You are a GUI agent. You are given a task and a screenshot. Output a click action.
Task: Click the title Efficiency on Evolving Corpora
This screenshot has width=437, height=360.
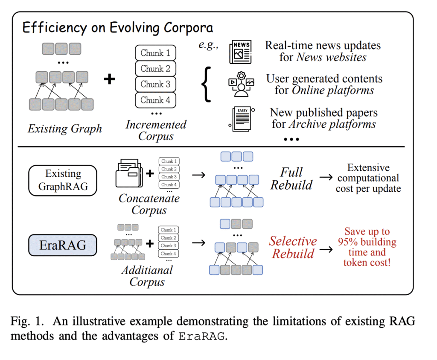[117, 28]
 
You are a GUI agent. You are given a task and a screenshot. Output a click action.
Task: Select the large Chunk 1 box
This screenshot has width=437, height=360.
[155, 53]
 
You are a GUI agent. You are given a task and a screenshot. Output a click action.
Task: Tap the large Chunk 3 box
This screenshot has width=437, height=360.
[155, 84]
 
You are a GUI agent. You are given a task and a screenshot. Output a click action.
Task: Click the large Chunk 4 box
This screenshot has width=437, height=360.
[155, 100]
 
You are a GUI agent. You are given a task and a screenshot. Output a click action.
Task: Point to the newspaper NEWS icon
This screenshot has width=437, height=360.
[240, 51]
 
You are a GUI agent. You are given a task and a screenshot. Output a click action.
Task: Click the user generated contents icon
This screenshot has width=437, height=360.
[241, 84]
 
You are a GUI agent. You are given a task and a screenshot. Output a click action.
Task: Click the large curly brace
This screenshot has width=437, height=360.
[207, 84]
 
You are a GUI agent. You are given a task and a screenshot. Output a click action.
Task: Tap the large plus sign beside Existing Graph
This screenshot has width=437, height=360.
[110, 79]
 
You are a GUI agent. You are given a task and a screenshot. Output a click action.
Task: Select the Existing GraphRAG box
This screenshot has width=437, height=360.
[63, 180]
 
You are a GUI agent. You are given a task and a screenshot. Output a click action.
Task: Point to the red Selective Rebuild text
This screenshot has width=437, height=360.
[293, 247]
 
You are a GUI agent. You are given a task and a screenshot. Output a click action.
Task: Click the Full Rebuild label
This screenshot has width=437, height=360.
[291, 179]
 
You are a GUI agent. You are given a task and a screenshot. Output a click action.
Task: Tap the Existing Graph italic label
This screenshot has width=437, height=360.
[65, 128]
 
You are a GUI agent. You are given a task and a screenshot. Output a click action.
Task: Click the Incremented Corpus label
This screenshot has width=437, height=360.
[156, 131]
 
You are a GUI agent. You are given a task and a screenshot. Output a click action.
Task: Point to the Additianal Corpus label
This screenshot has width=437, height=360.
[147, 276]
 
